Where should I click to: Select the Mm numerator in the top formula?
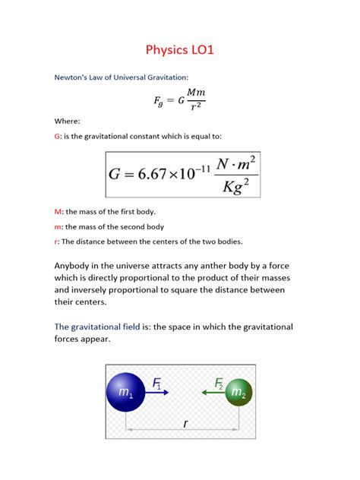194,92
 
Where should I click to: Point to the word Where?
67,121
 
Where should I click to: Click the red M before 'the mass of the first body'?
58,212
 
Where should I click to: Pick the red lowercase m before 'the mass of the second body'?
58,226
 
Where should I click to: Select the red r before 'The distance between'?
56,242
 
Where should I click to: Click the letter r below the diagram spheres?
185,425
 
